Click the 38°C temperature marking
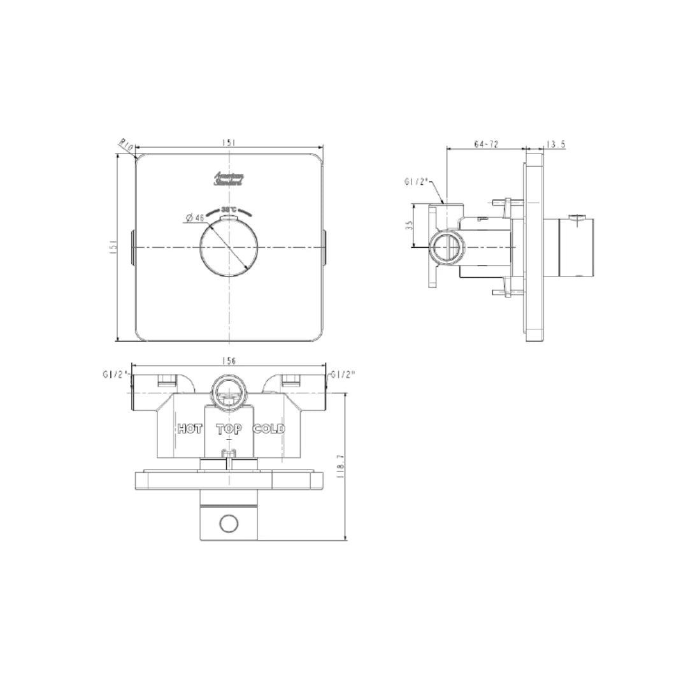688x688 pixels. (229, 210)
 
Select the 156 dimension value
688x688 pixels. (229, 361)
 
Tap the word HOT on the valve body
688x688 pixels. (190, 429)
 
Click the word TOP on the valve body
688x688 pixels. (229, 429)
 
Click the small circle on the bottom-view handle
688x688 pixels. (228, 524)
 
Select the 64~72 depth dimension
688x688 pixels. (486, 145)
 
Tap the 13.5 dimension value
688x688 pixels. (555, 145)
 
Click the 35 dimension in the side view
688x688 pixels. (410, 225)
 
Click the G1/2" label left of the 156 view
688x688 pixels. (115, 375)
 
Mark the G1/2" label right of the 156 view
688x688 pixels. (341, 375)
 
